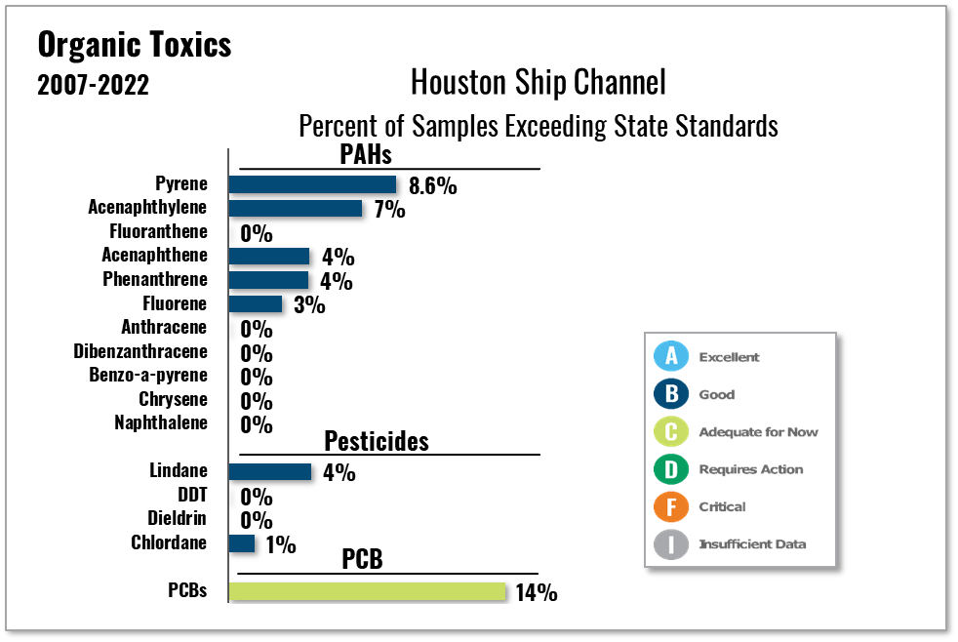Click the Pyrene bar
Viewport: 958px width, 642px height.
click(x=312, y=184)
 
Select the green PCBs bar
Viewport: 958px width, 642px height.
click(x=367, y=591)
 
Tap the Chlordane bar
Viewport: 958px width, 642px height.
click(x=241, y=543)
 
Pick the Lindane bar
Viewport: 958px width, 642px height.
click(x=269, y=471)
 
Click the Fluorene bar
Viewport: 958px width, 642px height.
click(x=255, y=303)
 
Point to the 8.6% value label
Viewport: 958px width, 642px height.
click(x=432, y=185)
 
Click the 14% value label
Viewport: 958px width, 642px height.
click(x=536, y=592)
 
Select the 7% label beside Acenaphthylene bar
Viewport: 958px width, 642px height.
click(x=388, y=210)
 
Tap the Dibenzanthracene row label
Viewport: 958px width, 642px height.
click(x=140, y=351)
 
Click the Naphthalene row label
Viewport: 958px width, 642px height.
click(x=161, y=422)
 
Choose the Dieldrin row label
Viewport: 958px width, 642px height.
click(x=177, y=518)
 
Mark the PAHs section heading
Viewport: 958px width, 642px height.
click(x=366, y=154)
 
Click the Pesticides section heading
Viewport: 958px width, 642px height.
click(x=377, y=440)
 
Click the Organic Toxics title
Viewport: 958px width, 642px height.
click(x=135, y=45)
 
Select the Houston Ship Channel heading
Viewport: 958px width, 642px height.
click(x=538, y=81)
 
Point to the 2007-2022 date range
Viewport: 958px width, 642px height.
click(x=94, y=86)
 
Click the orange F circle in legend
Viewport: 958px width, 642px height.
click(x=671, y=506)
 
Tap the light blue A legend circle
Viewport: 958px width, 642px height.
click(x=671, y=357)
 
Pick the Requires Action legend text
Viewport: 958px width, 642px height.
click(x=750, y=469)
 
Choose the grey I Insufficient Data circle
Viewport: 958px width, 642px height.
click(x=671, y=543)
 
